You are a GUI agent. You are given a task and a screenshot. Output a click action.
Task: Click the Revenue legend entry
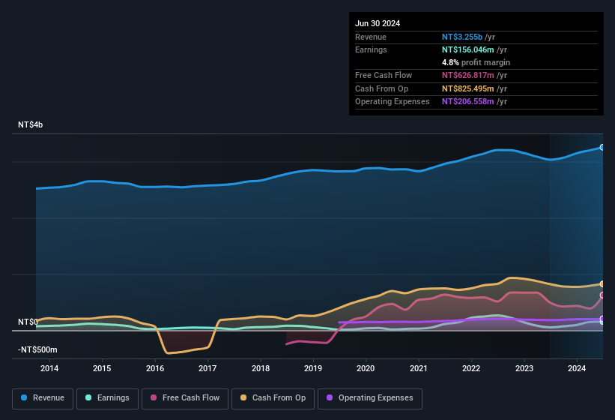click(43, 397)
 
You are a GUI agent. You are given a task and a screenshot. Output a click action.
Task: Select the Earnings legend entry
click(107, 397)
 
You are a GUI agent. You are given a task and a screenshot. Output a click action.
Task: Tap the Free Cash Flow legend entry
click(185, 397)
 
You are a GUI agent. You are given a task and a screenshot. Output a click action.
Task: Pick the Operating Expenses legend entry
click(370, 397)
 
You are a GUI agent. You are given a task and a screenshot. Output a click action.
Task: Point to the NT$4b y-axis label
click(31, 124)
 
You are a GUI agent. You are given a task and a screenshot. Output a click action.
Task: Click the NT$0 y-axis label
click(28, 322)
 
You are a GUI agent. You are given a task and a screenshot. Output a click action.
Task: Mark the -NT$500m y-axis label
click(37, 349)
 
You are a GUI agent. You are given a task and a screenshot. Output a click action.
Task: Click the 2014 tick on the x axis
click(49, 368)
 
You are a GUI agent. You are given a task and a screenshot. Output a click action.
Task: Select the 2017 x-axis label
click(207, 368)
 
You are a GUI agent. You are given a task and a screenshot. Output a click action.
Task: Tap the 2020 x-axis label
click(366, 368)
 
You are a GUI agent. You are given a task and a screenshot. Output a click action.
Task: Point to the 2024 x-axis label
click(577, 368)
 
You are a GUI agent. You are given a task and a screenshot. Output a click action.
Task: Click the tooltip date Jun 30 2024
click(378, 23)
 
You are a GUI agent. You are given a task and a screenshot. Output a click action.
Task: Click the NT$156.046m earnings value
click(467, 49)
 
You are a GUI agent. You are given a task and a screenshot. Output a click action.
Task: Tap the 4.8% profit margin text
click(476, 62)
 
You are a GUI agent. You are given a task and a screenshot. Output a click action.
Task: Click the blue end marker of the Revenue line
click(602, 147)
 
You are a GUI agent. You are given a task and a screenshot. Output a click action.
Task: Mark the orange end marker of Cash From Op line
click(602, 283)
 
